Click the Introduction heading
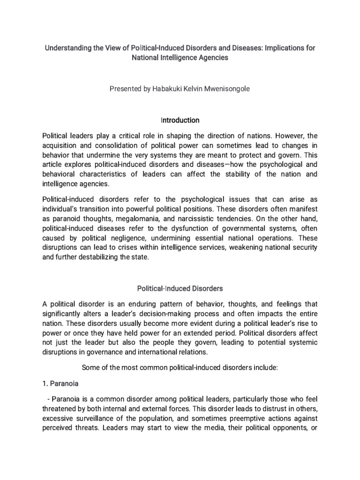[x=180, y=120]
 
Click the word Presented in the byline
[x=125, y=89]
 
